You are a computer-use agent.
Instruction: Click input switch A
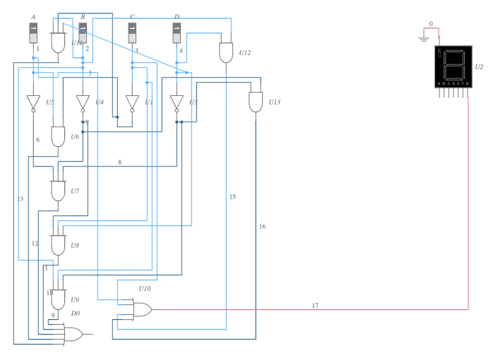point(33,32)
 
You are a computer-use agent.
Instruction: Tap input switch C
point(132,32)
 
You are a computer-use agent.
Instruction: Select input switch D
point(177,32)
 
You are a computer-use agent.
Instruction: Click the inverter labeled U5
point(33,102)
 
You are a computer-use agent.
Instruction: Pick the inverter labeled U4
point(83,102)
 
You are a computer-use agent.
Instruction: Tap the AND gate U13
point(255,102)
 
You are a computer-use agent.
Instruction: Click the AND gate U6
point(59,136)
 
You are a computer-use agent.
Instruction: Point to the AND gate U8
point(58,244)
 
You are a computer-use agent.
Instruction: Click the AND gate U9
point(58,299)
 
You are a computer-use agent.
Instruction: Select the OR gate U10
point(141,308)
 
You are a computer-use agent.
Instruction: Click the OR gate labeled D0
point(73,334)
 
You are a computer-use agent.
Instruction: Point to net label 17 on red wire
point(315,305)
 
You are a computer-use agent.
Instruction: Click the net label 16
point(262,227)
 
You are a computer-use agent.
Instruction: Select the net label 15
point(232,196)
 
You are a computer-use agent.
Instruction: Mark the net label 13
point(20,199)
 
